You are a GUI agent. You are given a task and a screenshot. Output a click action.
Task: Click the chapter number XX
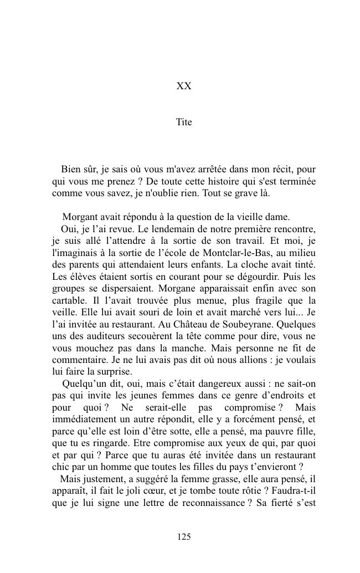tap(184, 86)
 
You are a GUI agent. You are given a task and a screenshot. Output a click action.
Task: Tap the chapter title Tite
tap(184, 122)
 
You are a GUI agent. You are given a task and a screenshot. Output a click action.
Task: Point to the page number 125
tap(184, 536)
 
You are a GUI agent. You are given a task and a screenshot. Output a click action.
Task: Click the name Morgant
tap(81, 217)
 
